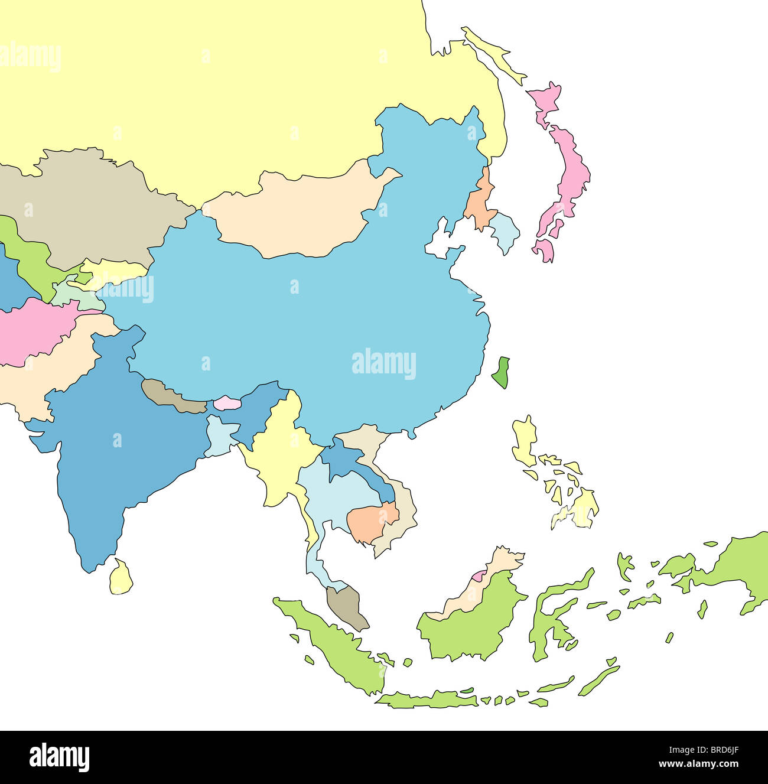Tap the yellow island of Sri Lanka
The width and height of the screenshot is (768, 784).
(x=121, y=577)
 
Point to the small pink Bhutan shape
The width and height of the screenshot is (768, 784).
(x=227, y=403)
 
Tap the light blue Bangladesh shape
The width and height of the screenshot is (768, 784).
(x=219, y=436)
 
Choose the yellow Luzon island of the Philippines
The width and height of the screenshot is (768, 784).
(x=524, y=440)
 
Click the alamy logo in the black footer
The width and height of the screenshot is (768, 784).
(x=60, y=757)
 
